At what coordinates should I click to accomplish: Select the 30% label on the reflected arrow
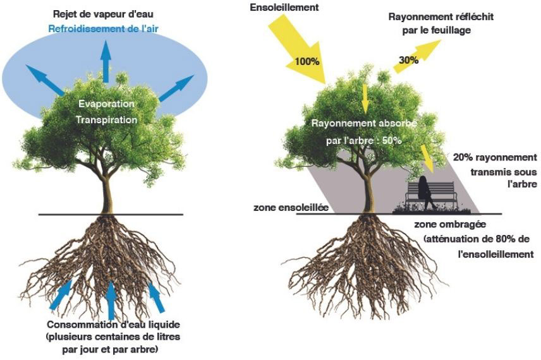pyautogui.click(x=408, y=60)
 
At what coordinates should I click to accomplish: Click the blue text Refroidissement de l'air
pyautogui.click(x=105, y=28)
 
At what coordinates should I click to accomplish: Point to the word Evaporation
pyautogui.click(x=106, y=103)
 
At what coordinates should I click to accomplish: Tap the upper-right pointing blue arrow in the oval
pyautogui.click(x=176, y=88)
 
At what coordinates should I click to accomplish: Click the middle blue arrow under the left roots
pyautogui.click(x=111, y=301)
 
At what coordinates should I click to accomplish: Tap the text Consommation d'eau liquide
pyautogui.click(x=105, y=326)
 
